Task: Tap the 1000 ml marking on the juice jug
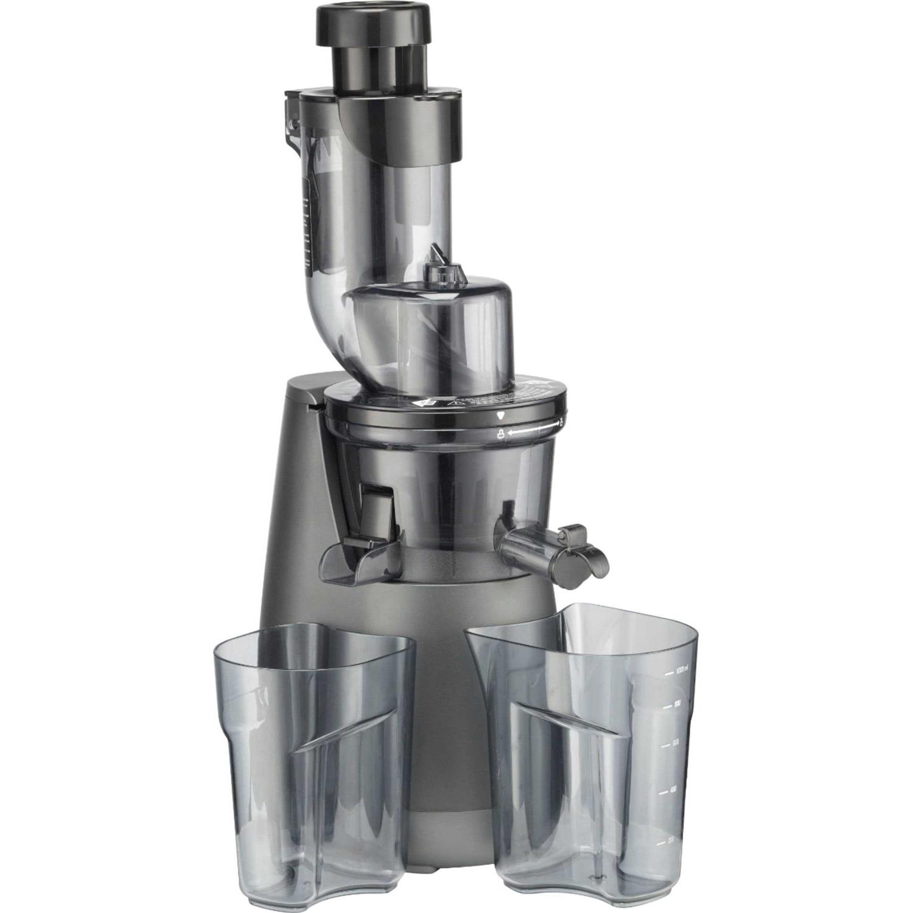pos(679,672)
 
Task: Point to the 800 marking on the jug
pos(676,704)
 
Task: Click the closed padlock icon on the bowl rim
pos(500,435)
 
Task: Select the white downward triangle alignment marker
pos(500,416)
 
